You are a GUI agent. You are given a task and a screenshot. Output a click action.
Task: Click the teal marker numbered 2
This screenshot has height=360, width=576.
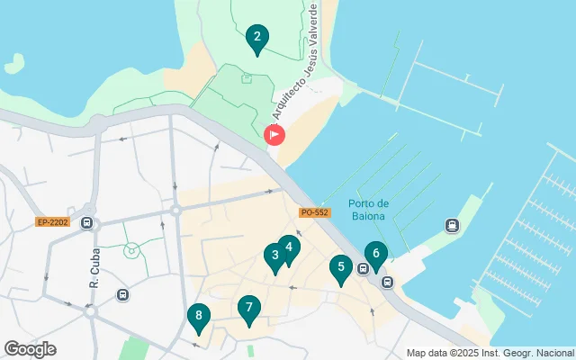click(257, 39)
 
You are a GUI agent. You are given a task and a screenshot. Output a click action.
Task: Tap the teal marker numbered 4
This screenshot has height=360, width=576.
click(288, 248)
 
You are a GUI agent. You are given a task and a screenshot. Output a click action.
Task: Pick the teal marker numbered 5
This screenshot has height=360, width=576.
click(339, 268)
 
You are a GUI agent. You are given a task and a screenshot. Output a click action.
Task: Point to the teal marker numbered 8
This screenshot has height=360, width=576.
click(198, 317)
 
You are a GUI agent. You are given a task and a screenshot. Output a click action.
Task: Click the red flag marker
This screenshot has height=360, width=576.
click(274, 135)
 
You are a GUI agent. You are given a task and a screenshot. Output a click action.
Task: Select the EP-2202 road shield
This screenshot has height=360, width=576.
click(52, 221)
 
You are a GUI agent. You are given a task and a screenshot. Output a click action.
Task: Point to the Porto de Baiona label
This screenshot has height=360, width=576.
click(367, 208)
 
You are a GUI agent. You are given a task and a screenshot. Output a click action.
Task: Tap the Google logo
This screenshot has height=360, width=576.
click(30, 349)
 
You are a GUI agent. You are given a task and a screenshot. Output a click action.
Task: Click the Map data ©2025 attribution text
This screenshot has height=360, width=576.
click(490, 353)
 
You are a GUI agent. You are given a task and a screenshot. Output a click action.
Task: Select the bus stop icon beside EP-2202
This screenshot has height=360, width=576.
click(86, 222)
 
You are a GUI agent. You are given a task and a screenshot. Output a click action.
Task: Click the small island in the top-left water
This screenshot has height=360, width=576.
click(13, 64)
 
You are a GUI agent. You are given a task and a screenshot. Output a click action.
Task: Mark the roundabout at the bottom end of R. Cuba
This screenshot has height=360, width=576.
click(90, 311)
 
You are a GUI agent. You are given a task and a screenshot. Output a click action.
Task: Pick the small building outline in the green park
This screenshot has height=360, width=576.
click(247, 78)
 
